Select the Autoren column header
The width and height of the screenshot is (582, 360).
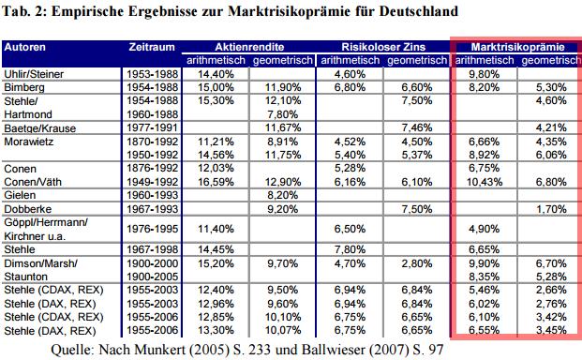tap(27, 46)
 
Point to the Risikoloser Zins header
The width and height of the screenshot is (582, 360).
tap(382, 46)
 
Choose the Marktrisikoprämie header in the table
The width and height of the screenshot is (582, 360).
tap(515, 46)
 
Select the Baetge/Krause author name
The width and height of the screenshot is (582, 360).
tap(38, 127)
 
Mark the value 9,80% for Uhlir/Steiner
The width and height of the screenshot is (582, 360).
tap(482, 72)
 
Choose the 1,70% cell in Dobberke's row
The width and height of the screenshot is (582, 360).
tap(549, 209)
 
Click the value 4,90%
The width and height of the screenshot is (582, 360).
tap(482, 228)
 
